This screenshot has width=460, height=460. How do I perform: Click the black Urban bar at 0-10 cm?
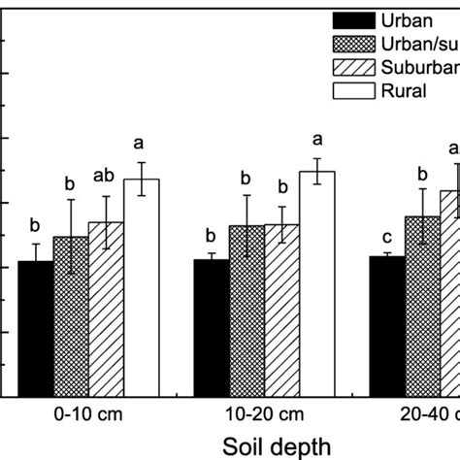coord(36,329)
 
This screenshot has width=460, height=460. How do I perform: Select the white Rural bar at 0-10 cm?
coord(142,287)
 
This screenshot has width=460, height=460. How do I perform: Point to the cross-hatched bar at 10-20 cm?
coord(246,311)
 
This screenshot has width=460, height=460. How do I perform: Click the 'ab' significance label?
coord(105,177)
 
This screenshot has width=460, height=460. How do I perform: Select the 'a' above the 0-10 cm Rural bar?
coord(142,146)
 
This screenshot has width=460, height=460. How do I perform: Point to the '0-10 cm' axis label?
coord(88,412)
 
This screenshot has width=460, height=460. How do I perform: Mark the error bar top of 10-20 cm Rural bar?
coord(317,158)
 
